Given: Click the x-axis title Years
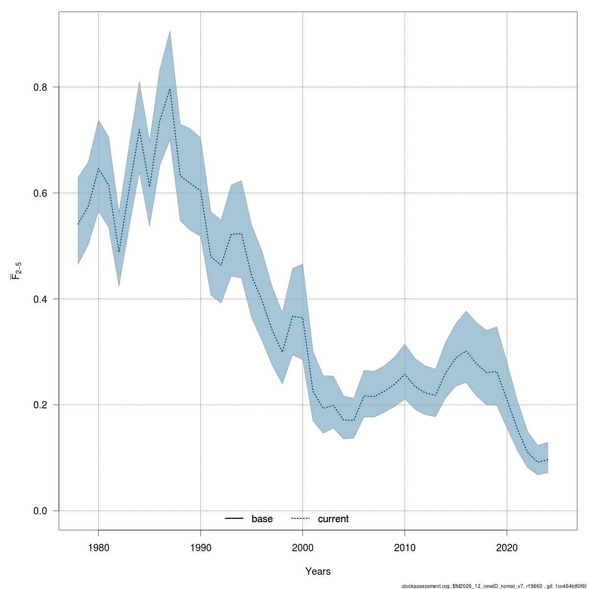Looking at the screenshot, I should pos(318,571).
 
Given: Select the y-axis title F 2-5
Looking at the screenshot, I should pos(16,270).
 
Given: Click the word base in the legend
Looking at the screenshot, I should pos(262,519).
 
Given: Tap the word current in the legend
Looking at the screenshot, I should pos(333,519).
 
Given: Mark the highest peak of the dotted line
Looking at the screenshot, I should pos(170,89).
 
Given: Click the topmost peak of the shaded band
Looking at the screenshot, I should pos(170,31).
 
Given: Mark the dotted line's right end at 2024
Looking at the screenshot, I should pos(548,460).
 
